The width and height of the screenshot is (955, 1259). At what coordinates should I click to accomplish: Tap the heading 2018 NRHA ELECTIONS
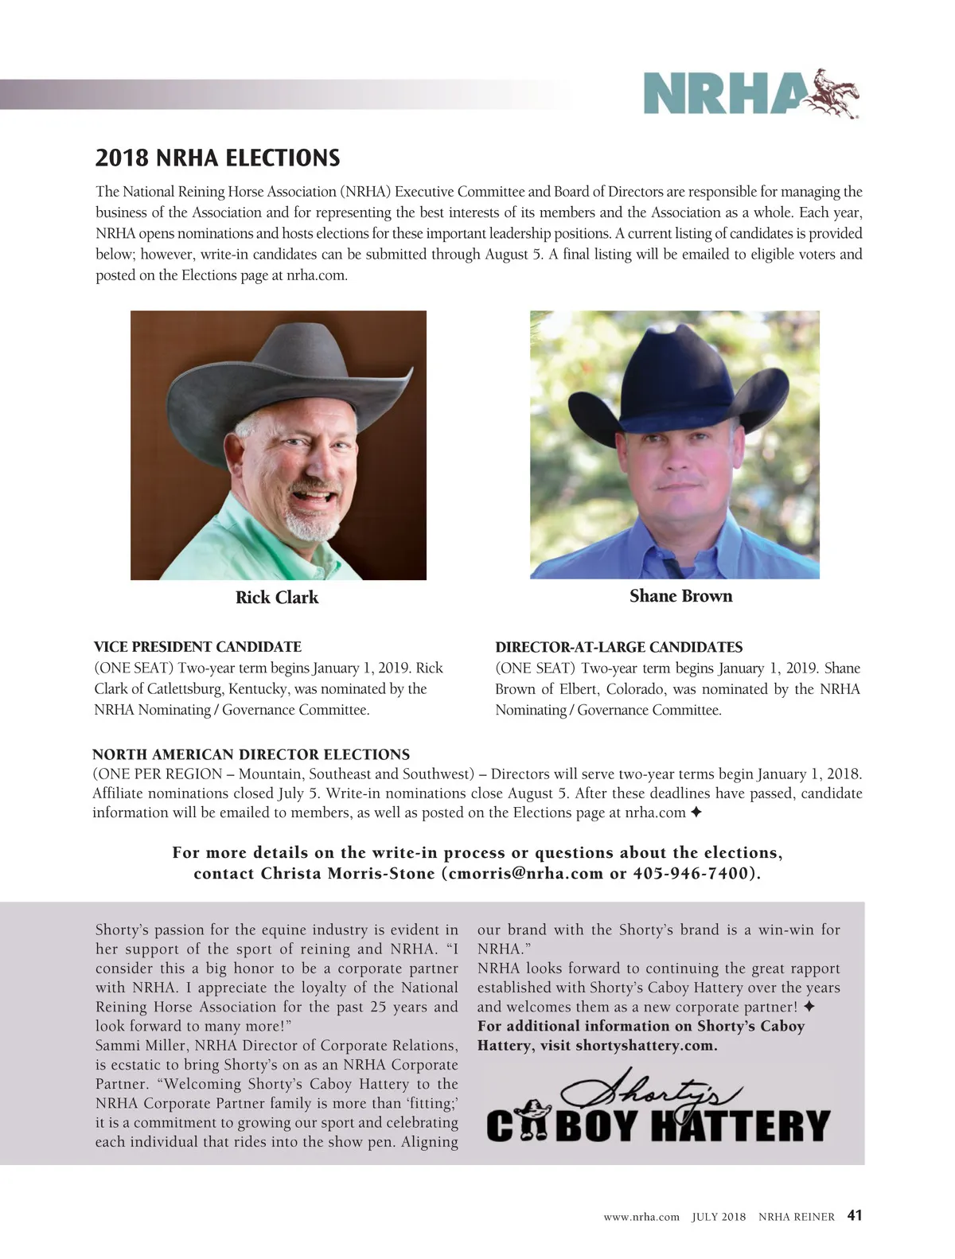[217, 158]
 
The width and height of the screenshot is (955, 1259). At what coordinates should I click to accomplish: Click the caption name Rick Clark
[277, 598]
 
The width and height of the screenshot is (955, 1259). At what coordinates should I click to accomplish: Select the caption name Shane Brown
[680, 596]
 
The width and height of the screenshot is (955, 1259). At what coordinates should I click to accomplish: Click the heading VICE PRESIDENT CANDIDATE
[197, 647]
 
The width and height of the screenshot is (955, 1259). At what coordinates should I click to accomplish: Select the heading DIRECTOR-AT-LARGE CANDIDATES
[618, 648]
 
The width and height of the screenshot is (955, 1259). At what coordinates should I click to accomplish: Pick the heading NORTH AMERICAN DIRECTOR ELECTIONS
[251, 754]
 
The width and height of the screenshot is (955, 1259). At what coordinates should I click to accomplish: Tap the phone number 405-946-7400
[691, 873]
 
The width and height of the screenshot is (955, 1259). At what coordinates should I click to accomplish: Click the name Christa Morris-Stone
[347, 873]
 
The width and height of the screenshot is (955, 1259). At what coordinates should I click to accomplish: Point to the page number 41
[855, 1215]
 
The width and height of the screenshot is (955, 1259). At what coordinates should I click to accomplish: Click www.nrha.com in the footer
[641, 1217]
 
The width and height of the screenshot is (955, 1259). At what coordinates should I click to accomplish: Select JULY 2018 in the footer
[719, 1217]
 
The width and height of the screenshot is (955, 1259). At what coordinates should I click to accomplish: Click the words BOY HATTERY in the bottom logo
[692, 1126]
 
